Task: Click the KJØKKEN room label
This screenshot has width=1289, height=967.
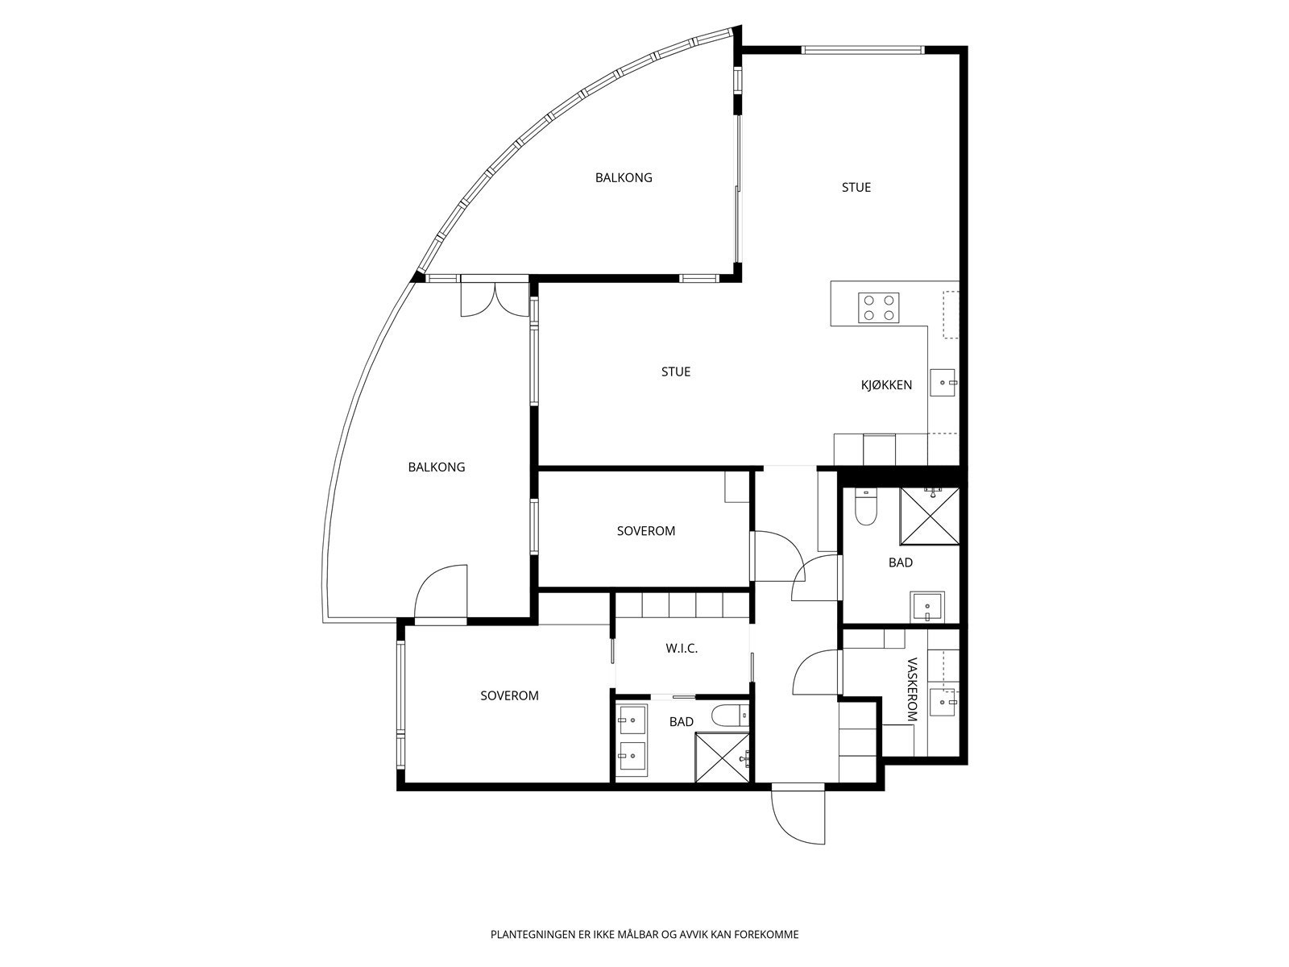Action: [886, 385]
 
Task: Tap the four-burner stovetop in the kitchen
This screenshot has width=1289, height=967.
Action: [879, 308]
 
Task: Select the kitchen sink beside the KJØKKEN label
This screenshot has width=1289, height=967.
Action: [943, 383]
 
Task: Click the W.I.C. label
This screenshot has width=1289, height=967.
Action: [682, 649]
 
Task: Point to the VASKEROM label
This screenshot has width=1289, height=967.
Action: [912, 689]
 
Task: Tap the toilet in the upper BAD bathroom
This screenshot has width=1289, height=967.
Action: [865, 505]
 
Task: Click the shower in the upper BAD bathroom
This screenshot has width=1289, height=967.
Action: [930, 516]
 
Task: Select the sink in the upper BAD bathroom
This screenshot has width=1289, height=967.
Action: [927, 607]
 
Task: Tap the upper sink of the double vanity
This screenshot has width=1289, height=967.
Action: [632, 720]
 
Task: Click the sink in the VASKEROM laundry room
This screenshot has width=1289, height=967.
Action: [943, 702]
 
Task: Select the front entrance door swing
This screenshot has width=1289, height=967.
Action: [798, 814]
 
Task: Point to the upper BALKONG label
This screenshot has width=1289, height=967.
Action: [624, 177]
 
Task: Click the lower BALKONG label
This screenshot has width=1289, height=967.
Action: [437, 467]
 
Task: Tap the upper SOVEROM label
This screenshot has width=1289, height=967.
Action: [646, 531]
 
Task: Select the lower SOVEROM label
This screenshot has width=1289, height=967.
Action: [509, 695]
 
